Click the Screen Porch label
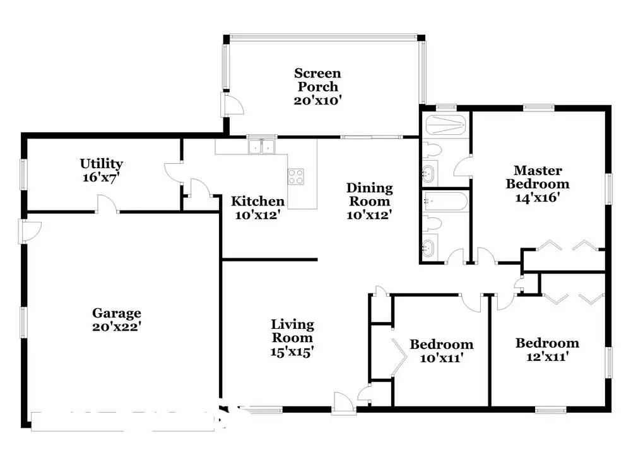coord(317,79)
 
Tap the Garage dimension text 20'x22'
coord(116,326)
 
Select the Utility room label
coord(102,164)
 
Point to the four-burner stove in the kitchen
coord(296,177)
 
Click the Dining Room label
coord(369,195)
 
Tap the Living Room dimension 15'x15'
coord(292,352)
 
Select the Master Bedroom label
coord(538,177)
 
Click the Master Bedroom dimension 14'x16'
coord(538,197)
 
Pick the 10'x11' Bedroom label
coord(442,345)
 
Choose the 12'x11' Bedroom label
coord(547,343)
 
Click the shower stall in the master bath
coord(445,125)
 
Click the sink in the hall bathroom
coord(429,248)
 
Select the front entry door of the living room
coord(343,403)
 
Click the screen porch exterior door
coord(232,105)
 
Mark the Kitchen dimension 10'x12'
coord(257,215)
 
